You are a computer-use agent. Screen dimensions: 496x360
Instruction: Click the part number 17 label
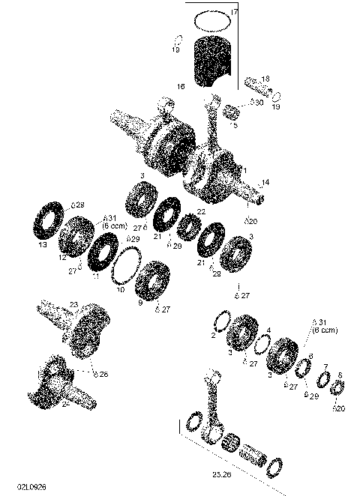tap(234, 13)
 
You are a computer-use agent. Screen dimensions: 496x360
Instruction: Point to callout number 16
tap(180, 87)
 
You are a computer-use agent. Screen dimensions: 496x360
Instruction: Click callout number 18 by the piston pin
tap(265, 78)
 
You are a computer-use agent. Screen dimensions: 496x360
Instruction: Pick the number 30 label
tap(259, 103)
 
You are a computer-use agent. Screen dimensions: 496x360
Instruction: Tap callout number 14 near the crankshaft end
tap(265, 182)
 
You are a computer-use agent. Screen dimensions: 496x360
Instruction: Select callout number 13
tap(42, 244)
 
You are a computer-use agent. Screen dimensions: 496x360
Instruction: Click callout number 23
tap(73, 304)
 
